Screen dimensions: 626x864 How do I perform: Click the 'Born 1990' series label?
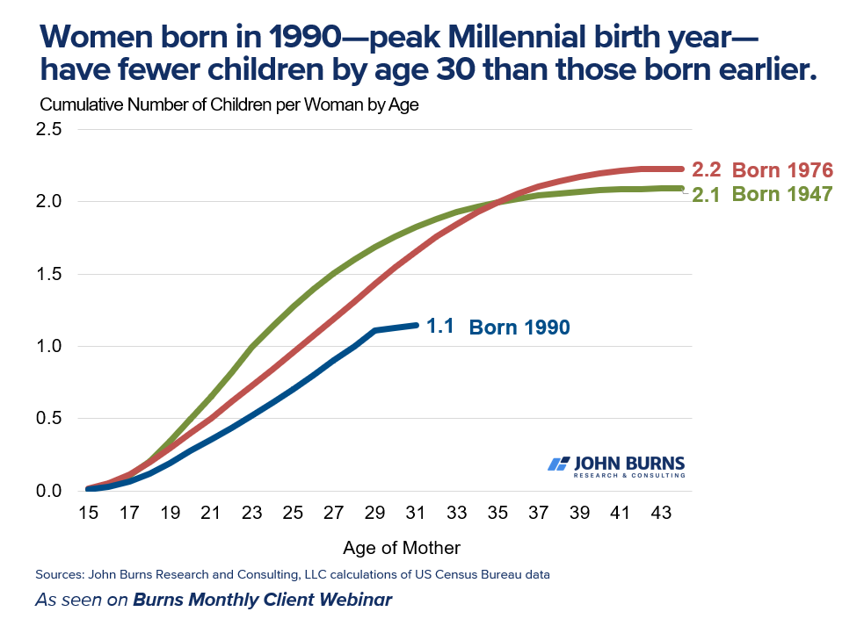coord(519,327)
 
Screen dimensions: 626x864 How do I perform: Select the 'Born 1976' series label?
coord(782,170)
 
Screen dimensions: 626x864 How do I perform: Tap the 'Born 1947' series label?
coord(782,195)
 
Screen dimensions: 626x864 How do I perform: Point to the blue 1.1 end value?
coord(439,327)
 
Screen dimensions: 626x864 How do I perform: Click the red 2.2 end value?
coord(706,169)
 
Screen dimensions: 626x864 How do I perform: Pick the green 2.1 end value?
coord(706,195)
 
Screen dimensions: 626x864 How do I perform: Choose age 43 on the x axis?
coord(660,511)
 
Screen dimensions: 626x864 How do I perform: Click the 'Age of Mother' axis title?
coord(402,548)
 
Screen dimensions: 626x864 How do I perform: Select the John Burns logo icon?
coord(558,464)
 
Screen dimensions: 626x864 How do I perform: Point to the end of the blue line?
coord(416,326)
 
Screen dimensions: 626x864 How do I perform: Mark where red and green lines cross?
coord(497,203)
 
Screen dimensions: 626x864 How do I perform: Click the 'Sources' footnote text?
coord(293,575)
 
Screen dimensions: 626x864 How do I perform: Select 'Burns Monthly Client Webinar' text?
coord(262,601)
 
